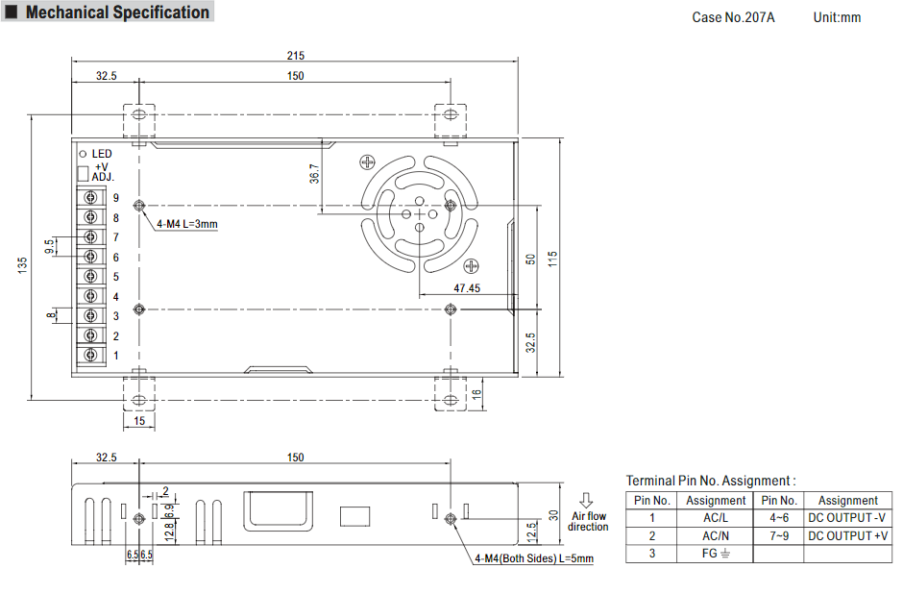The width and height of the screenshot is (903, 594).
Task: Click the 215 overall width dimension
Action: (x=296, y=56)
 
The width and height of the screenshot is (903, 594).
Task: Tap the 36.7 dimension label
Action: (x=314, y=173)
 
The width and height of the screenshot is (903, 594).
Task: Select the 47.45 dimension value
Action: (x=467, y=288)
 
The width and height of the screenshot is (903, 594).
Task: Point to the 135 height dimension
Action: (x=22, y=265)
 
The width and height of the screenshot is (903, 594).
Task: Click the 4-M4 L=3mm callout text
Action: (x=187, y=224)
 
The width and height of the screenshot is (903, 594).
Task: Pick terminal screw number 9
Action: (x=90, y=198)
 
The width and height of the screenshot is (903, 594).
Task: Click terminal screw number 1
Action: (x=90, y=355)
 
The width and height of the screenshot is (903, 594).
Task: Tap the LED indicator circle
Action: (x=83, y=154)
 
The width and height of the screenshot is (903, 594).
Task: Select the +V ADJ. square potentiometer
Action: (x=83, y=173)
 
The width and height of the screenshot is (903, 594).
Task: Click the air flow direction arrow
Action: (x=586, y=500)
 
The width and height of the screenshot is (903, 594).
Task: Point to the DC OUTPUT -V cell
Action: (x=847, y=518)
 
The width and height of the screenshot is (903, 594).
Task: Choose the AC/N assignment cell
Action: (x=716, y=535)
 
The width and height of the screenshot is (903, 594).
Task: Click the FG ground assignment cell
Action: (x=716, y=554)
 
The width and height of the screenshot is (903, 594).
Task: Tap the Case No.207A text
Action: (x=733, y=17)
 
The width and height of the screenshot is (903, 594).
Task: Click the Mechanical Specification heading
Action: (x=117, y=12)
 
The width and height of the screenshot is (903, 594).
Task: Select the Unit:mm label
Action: (x=837, y=17)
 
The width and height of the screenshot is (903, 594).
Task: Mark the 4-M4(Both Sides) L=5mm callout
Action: (x=534, y=558)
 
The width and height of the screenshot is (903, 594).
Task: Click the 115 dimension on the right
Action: (x=552, y=259)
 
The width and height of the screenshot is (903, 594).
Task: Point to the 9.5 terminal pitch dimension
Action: (x=50, y=246)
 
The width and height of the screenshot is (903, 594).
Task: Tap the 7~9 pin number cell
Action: (x=779, y=535)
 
